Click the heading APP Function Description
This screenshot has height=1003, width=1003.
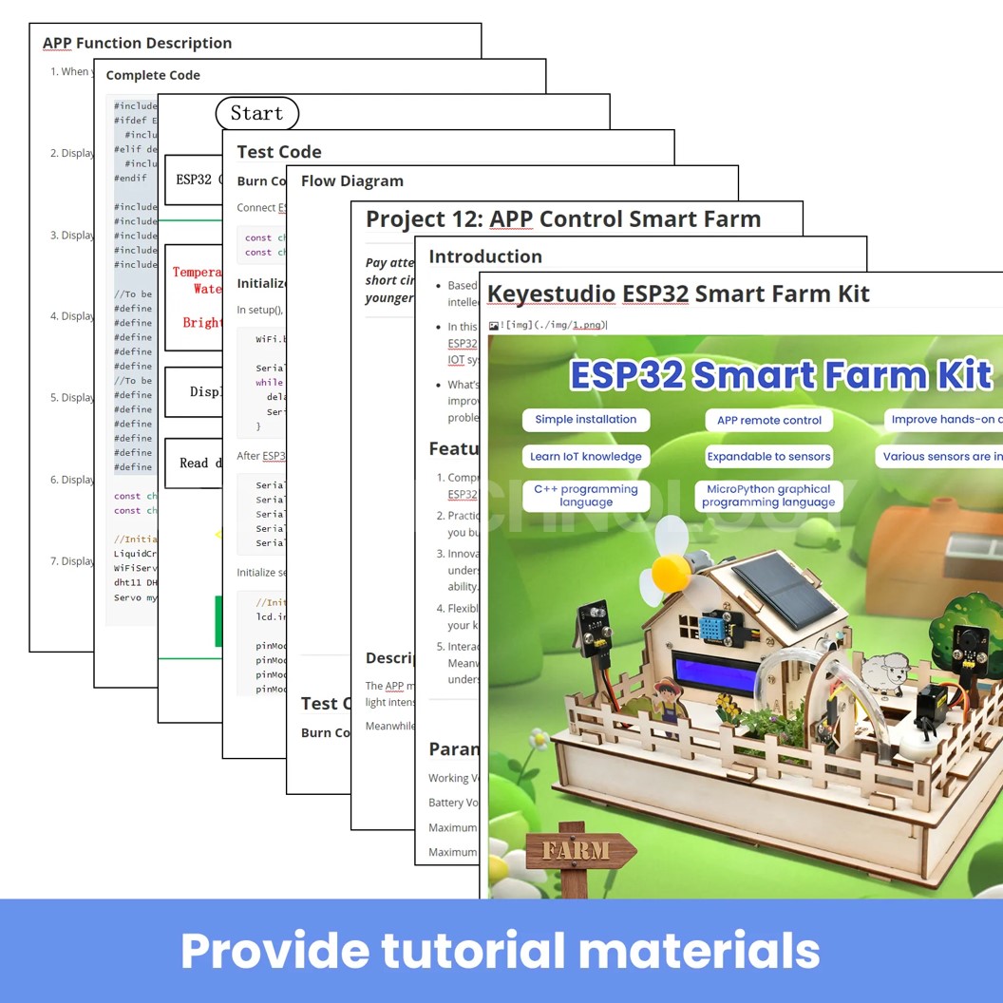137,43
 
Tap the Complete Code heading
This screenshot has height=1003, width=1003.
153,75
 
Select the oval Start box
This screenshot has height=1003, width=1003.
256,113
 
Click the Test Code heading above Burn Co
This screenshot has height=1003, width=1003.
279,152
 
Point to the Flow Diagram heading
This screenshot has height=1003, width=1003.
352,180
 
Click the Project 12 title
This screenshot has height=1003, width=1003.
563,218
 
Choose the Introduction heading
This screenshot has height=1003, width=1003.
485,256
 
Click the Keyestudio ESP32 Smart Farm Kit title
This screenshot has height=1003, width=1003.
678,293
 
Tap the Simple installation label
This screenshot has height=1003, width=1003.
586,420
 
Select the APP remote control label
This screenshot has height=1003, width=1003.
769,420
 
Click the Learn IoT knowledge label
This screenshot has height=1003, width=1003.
586,457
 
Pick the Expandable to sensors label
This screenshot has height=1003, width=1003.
768,457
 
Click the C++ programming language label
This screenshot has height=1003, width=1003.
586,496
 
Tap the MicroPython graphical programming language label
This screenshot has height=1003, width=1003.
768,496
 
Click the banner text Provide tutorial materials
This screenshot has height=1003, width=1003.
501,951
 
